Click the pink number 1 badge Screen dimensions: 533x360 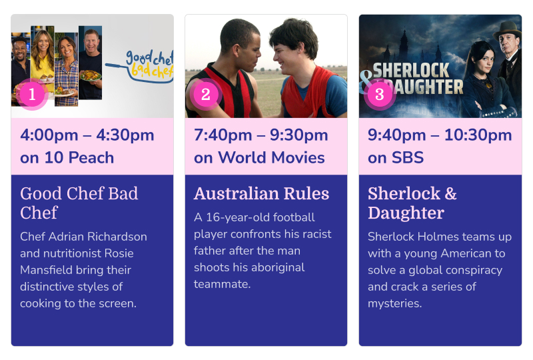[32, 94]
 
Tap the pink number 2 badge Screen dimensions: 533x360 [206, 94]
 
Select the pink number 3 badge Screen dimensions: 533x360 [380, 94]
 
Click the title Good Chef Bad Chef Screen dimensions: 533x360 [79, 203]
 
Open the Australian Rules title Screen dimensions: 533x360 [261, 193]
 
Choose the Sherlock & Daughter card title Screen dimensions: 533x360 [412, 203]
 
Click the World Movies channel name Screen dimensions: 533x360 [271, 157]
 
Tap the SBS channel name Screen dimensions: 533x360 [408, 157]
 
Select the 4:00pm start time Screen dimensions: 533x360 [49, 135]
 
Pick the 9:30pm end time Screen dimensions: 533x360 [298, 135]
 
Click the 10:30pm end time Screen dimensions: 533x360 [478, 135]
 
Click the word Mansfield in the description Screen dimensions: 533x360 [46, 270]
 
